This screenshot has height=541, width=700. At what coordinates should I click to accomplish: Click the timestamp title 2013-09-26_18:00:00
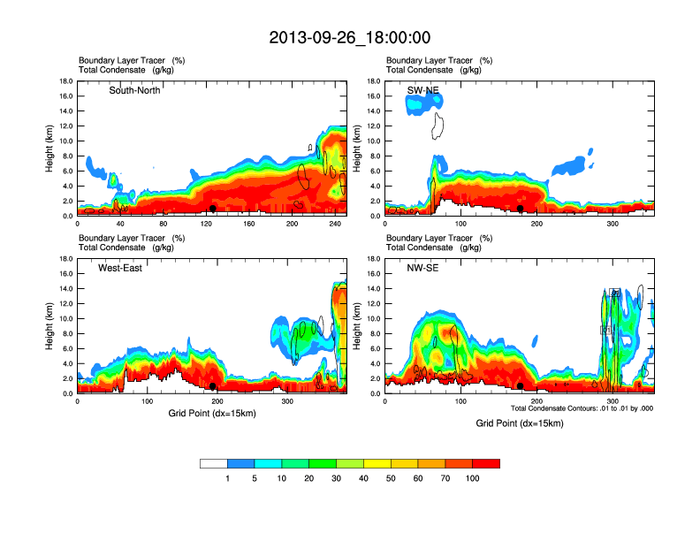click(350, 38)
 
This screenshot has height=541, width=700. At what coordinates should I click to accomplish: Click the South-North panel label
click(134, 90)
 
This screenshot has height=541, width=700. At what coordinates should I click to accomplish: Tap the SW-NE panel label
click(422, 90)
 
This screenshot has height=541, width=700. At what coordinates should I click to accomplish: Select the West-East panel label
click(121, 268)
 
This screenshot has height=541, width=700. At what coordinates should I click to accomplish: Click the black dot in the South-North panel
click(212, 209)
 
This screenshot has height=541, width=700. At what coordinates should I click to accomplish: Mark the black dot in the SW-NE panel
click(521, 209)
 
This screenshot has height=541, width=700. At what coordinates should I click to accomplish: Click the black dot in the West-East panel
click(212, 386)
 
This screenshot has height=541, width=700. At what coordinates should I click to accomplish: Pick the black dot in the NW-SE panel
click(521, 386)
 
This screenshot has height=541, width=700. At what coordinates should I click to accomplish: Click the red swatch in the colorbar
click(486, 463)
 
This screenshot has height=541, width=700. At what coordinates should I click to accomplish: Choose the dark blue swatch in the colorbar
click(240, 463)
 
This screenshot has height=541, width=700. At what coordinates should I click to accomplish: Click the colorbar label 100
click(473, 478)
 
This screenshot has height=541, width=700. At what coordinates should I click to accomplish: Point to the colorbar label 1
click(227, 478)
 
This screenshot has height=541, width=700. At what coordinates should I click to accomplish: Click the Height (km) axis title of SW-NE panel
click(357, 149)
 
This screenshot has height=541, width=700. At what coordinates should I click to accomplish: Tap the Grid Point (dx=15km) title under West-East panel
click(212, 413)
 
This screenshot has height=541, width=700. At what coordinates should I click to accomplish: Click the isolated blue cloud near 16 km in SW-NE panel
click(422, 103)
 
